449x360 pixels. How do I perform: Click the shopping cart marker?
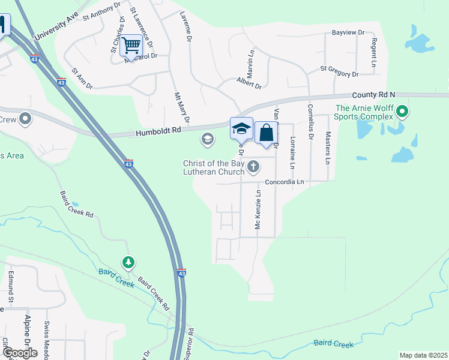(131, 44)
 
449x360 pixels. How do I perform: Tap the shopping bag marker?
(266, 133)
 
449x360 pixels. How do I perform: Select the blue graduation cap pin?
(241, 129)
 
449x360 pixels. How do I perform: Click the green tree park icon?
(128, 262)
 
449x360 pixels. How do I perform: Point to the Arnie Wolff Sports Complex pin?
(403, 112)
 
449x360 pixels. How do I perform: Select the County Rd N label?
(373, 95)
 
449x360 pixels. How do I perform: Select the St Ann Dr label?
(82, 79)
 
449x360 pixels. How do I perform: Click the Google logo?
(20, 353)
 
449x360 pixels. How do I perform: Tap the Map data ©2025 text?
(423, 355)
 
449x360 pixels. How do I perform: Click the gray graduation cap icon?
(208, 140)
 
